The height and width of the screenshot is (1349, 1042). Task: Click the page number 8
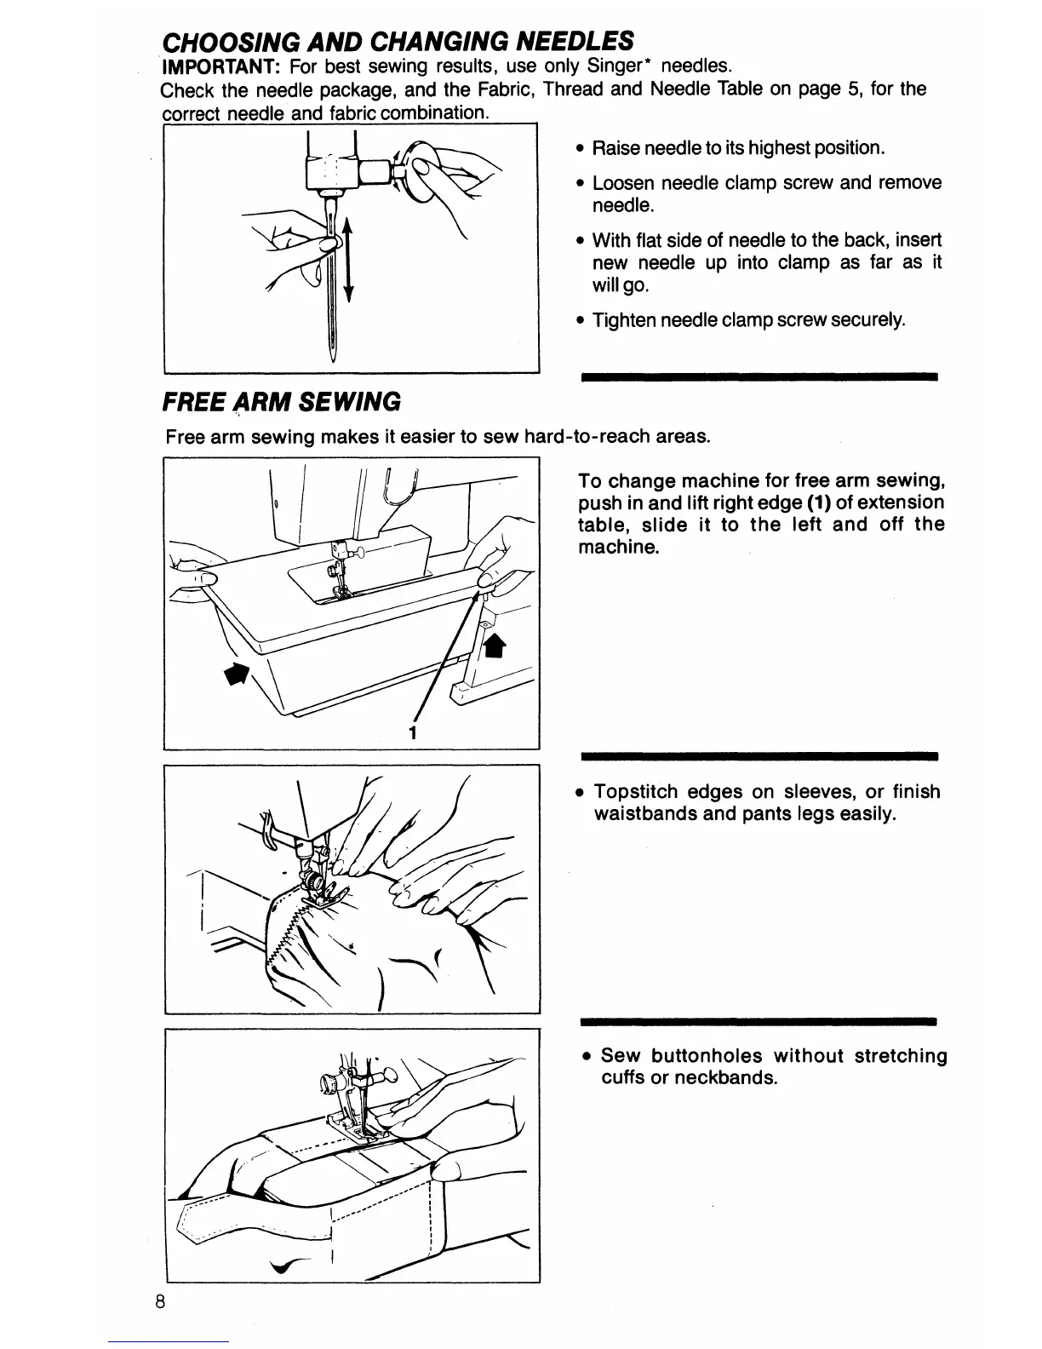pos(160,1326)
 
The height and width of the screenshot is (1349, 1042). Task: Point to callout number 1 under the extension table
pos(412,732)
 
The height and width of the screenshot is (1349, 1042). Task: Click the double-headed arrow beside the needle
pos(347,259)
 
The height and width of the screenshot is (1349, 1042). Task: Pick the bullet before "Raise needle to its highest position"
pos(579,149)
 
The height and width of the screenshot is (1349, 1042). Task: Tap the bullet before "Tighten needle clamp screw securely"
pos(579,321)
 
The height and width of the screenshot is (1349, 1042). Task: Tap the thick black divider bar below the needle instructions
pos(758,375)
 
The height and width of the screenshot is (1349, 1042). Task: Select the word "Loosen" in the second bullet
pos(623,183)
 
